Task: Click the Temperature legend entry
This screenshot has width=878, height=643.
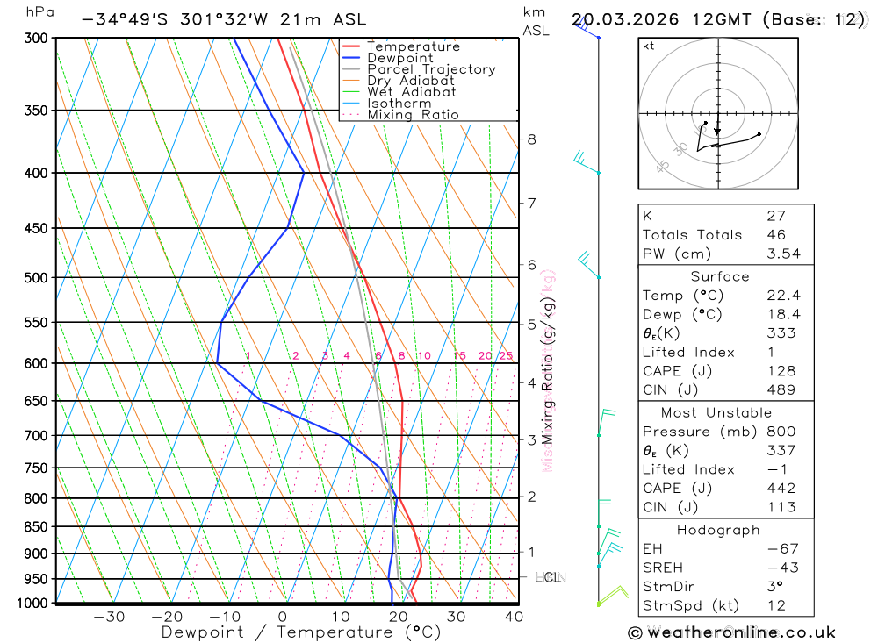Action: click(x=413, y=46)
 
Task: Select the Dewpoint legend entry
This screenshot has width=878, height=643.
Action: click(x=399, y=58)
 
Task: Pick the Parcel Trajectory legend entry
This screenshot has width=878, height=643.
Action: click(x=430, y=69)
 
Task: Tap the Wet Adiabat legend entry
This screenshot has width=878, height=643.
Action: click(x=411, y=92)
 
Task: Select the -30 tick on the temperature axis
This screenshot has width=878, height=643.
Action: click(x=109, y=617)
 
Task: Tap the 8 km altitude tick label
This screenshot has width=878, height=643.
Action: click(x=531, y=139)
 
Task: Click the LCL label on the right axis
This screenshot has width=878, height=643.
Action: click(x=548, y=577)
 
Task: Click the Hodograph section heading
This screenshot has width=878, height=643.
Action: click(x=717, y=530)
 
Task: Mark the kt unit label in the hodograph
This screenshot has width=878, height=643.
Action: click(x=649, y=46)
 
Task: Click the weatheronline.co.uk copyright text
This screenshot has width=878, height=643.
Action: click(x=731, y=632)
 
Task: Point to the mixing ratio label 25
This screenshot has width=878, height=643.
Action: click(x=506, y=355)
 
